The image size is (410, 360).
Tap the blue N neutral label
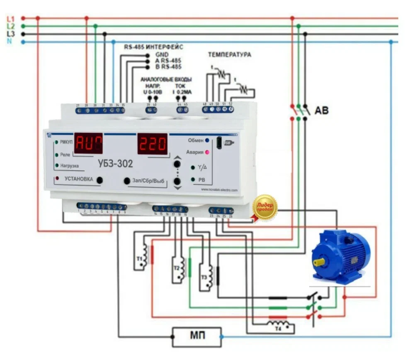click(10, 42)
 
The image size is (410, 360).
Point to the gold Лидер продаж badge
click(265, 207)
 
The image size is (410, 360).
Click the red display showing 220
click(152, 144)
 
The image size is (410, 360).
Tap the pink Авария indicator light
click(207, 152)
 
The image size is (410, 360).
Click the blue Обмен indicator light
click(207, 140)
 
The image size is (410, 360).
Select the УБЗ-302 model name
click(116, 164)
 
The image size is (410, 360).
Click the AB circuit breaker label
click(321, 111)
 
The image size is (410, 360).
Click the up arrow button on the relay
click(177, 159)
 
